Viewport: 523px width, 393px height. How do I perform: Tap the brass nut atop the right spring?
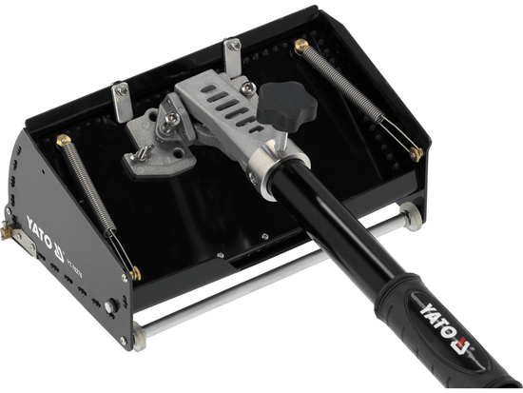pos(302,46)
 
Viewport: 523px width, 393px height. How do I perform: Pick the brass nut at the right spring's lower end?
pos(416,152)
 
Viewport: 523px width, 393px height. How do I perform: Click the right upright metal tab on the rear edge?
pos(233,54)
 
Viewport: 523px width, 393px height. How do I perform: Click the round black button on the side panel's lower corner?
pos(112,307)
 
